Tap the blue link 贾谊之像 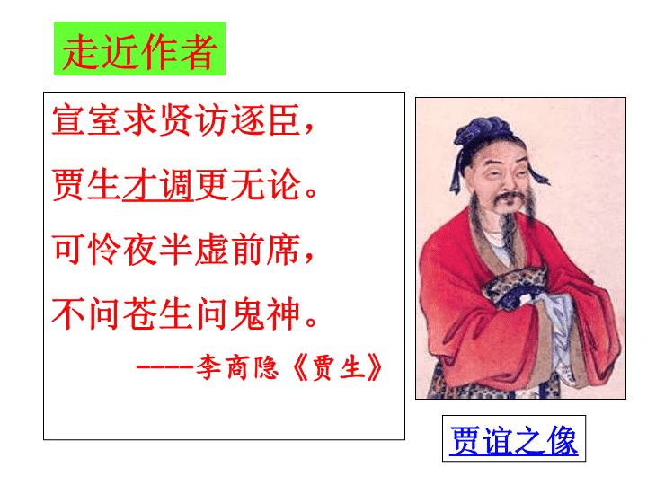coord(514,440)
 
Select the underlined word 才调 coord(158,185)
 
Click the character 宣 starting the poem coord(68,119)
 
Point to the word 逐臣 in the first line coord(265,119)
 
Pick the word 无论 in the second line coord(265,185)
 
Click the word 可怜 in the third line coord(86,249)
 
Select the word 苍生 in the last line coord(158,313)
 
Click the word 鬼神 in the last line coord(265,313)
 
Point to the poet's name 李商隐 coord(237,367)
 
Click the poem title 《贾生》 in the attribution coord(337,367)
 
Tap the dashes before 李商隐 coord(165,366)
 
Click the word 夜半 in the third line coord(158,249)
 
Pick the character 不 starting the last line coord(68,313)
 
